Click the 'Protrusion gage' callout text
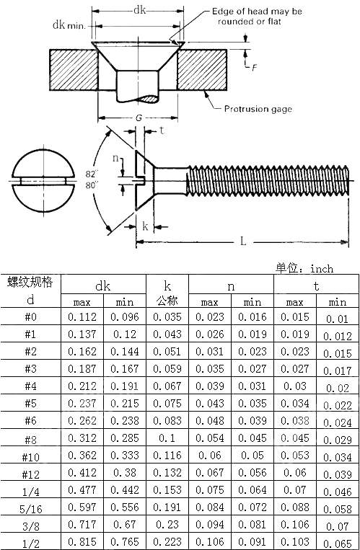[257, 109]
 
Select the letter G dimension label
[137, 118]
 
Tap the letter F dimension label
[254, 67]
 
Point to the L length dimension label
[243, 241]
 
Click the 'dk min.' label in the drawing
[69, 25]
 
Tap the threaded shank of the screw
[267, 178]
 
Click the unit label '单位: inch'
[304, 268]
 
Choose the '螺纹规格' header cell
[30, 282]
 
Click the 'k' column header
[167, 285]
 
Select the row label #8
[30, 439]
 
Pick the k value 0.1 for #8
[167, 439]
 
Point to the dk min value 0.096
[126, 317]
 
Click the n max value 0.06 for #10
[209, 456]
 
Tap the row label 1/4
[30, 490]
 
